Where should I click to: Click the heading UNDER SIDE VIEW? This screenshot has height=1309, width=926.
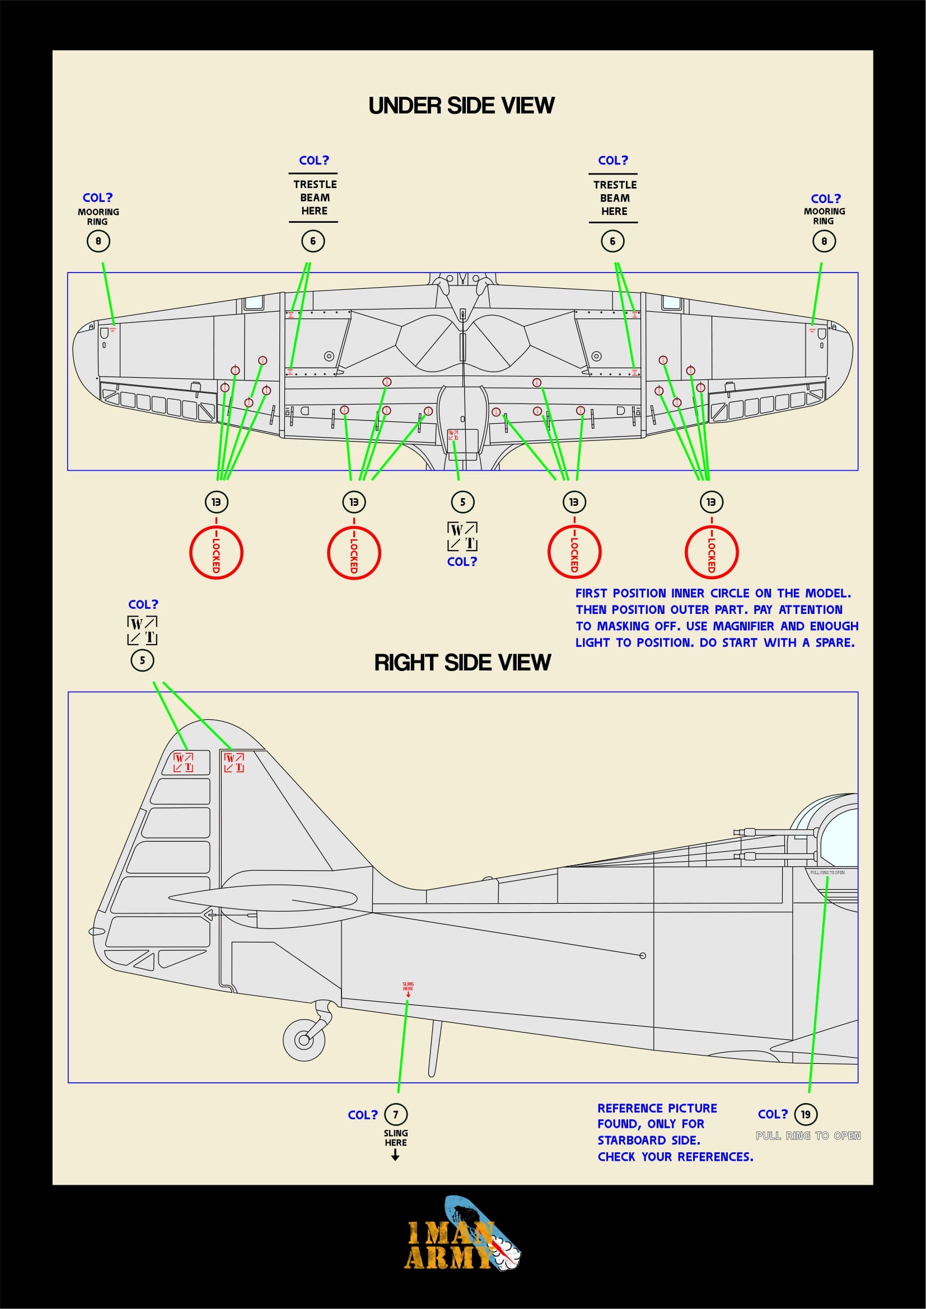coord(461,105)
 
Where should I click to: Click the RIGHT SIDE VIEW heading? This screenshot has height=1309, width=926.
coord(462,663)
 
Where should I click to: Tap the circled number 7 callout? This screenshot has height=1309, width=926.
coord(396,1114)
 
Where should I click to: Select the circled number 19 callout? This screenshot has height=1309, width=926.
coord(805,1114)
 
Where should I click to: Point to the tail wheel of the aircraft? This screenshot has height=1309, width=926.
coord(304,1039)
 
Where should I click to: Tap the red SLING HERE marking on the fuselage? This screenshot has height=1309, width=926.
coord(408,986)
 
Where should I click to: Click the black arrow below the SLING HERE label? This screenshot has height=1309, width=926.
coord(395,1156)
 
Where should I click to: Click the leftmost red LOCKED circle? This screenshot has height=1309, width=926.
coord(216,552)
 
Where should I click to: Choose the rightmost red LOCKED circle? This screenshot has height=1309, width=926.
coord(711,552)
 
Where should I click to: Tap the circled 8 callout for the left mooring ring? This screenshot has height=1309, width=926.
coord(98,241)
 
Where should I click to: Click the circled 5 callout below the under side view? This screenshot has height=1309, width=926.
coord(462,501)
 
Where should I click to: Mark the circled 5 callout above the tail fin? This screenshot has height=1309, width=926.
coord(143,660)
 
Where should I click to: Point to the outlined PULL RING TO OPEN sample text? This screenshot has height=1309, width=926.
coord(808,1136)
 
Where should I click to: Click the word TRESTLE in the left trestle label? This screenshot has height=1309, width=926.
coord(315,185)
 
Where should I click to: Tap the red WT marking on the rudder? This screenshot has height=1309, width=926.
coord(183,762)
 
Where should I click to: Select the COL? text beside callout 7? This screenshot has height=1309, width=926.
coord(363,1115)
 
